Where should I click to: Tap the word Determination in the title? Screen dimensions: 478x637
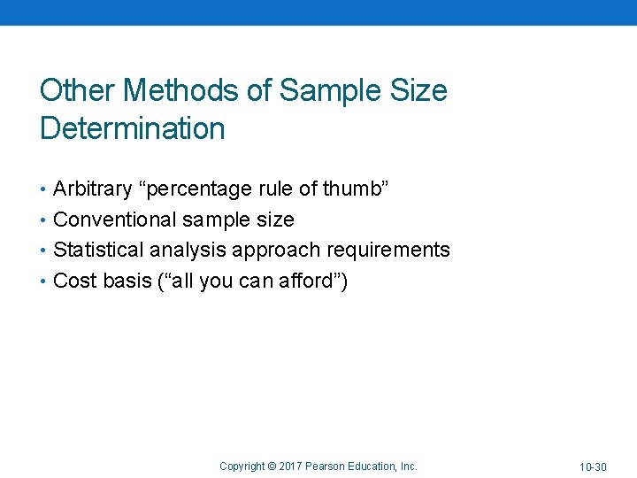coord(133,129)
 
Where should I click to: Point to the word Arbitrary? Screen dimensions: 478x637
coord(93,189)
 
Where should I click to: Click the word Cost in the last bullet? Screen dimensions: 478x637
coord(73,281)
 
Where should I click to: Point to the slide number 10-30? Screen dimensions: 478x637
coord(593,466)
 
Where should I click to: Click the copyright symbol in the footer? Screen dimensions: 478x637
coord(272,466)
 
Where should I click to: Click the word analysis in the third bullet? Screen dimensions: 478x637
coord(187,251)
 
